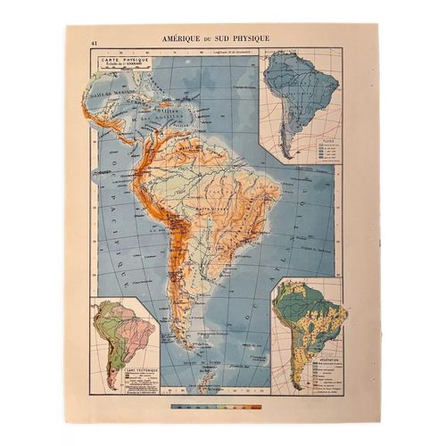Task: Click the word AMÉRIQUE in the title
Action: click(184, 40)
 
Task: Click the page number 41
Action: click(94, 41)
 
